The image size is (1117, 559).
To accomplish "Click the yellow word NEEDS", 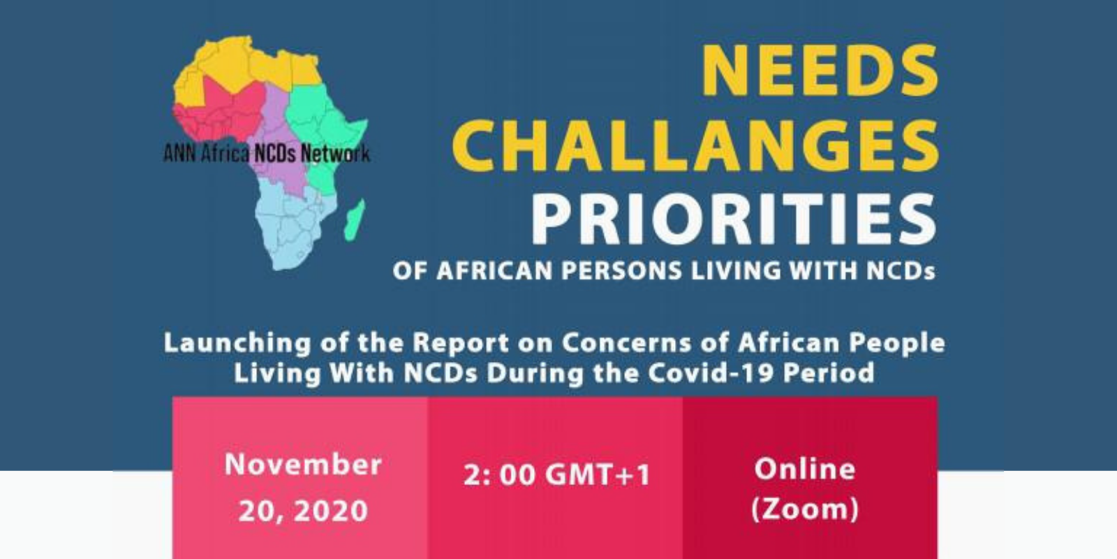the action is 820,71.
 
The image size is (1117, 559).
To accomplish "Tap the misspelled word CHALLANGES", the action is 695,146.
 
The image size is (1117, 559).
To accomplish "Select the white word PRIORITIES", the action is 733,219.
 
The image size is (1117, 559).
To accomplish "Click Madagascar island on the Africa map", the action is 355,219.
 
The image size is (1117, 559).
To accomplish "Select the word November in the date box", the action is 303,465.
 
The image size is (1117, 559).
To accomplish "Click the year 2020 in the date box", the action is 331,511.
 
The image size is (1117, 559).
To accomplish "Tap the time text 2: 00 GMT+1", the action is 557,474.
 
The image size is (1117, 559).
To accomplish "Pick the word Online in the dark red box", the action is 805,469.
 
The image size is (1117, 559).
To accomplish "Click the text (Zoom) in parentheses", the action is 805,509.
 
